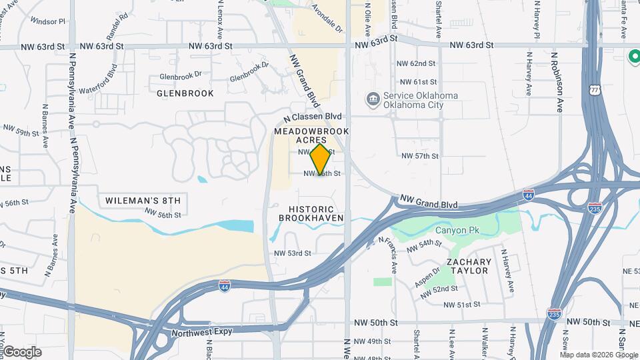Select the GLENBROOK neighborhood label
[185, 93]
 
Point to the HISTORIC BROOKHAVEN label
[311, 213]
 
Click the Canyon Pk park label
[457, 231]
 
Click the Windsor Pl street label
[48, 21]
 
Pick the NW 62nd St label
[419, 63]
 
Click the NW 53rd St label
[293, 253]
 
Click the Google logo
[21, 352]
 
